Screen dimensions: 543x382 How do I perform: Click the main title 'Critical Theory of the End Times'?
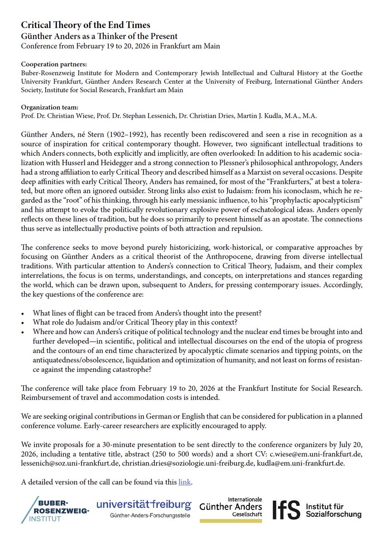86,25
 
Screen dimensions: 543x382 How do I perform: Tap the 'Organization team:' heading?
50,107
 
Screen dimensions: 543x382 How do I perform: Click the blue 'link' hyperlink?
185,482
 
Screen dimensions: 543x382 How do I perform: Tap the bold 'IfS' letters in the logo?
286,510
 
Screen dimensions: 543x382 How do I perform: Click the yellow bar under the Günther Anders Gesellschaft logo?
230,521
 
